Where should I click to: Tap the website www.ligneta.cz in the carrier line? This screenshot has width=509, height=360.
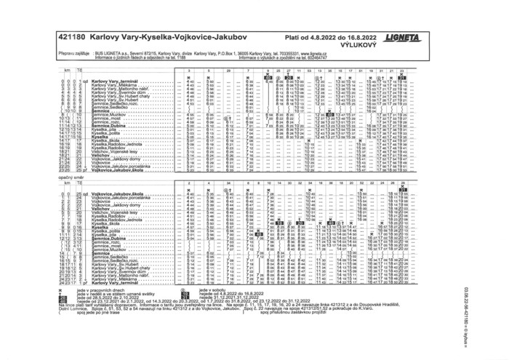click(310, 53)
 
